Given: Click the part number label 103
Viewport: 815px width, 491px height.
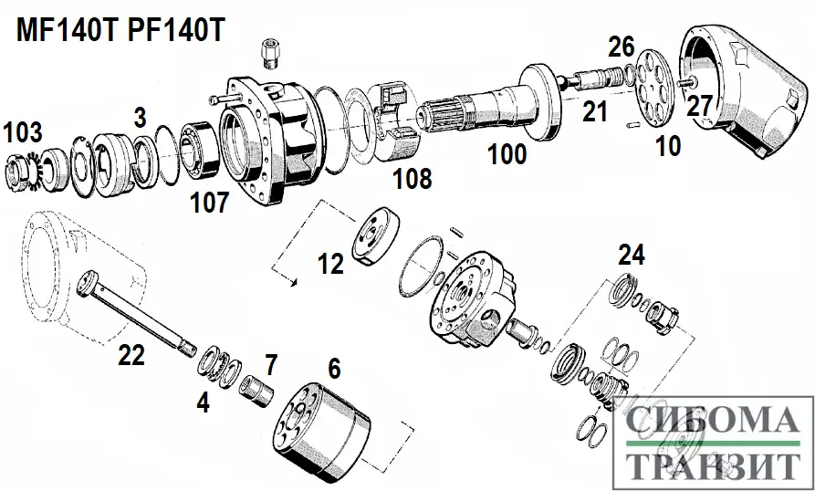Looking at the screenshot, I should tap(23, 132).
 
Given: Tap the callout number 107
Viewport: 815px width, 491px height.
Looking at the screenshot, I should tap(209, 203).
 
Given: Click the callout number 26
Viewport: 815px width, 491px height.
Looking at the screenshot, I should tap(621, 46).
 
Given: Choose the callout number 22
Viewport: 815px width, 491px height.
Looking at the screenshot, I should tap(131, 355).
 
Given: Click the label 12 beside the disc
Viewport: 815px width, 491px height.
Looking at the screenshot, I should tap(330, 264).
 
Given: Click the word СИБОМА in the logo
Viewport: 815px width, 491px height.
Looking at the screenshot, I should tap(711, 422).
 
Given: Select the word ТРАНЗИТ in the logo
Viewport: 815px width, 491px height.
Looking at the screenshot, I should tap(713, 466).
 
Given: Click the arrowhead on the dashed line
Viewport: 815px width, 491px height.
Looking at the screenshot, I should tap(293, 282).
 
